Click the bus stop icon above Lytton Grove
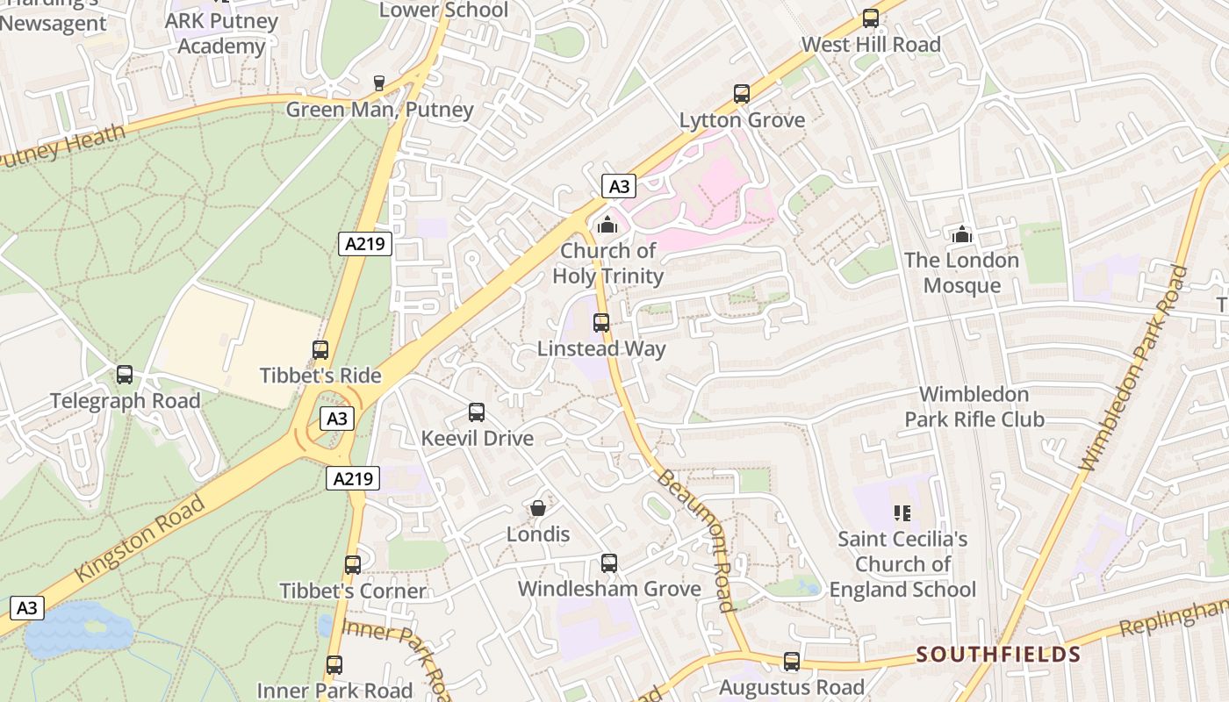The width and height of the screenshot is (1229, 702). tap(742, 94)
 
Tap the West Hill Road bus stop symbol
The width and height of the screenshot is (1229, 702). tap(870, 18)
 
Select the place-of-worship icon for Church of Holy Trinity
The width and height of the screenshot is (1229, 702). tap(607, 226)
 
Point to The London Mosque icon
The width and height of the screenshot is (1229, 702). tap(962, 234)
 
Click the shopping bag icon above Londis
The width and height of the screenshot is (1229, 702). tap(537, 508)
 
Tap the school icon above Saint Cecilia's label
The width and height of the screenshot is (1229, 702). tap(902, 512)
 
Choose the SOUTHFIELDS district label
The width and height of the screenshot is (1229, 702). tap(998, 655)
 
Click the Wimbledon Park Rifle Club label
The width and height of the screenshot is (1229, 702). tap(974, 406)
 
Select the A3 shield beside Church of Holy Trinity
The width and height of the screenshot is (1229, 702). tap(619, 186)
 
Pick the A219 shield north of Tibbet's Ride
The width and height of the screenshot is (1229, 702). tap(364, 244)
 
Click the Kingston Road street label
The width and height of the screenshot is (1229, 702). tap(140, 539)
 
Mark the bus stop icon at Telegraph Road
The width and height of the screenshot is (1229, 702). tap(125, 375)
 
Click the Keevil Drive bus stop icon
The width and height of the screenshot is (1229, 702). tap(477, 412)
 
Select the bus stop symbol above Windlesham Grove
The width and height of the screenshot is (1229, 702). tap(608, 563)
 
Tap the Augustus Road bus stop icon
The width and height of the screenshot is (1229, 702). tap(791, 662)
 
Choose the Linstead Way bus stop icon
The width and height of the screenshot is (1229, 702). tap(601, 323)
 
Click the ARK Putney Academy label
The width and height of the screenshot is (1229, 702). tap(221, 33)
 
